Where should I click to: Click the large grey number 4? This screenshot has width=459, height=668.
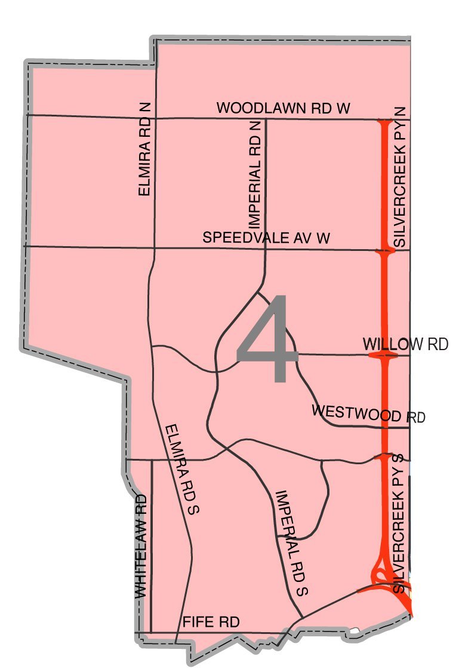(267, 339)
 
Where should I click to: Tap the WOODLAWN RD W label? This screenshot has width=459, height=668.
(283, 108)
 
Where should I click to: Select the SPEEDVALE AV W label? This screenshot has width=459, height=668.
(266, 237)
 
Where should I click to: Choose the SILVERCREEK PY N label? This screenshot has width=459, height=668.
(400, 177)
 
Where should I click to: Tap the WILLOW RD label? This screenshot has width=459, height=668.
(405, 345)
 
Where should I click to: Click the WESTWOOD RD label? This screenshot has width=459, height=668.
(368, 413)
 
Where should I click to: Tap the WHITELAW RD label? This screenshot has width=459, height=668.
(141, 546)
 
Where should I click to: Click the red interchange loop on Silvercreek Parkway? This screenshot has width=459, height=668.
(380, 575)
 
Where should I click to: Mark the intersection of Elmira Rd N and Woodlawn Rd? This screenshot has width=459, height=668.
(155, 117)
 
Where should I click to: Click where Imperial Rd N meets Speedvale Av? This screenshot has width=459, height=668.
(265, 249)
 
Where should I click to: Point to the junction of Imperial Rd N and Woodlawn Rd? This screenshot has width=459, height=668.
(265, 119)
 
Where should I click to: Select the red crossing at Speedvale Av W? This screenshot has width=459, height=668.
(384, 252)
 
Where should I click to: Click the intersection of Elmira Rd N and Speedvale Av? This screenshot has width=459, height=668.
(155, 247)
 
